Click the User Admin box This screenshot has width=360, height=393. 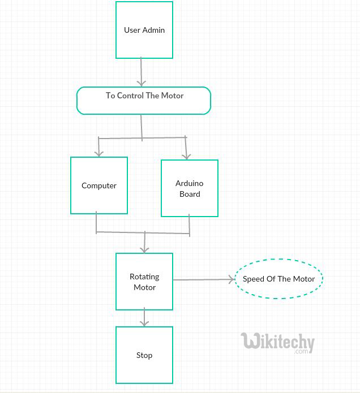tap(144, 30)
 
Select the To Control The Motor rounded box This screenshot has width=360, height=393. tap(144, 101)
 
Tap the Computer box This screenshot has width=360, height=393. tap(99, 185)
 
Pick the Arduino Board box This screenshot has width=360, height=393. tap(190, 188)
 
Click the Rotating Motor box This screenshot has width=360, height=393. tap(144, 282)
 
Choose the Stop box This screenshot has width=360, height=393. tap(144, 355)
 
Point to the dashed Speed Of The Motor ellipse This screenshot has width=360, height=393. tap(278, 279)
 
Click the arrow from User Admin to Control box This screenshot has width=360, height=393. tap(142, 72)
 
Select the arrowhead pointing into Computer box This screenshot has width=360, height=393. tap(99, 153)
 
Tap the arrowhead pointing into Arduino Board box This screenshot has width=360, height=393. tap(187, 156)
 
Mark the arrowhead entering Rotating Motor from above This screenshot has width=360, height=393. tap(145, 249)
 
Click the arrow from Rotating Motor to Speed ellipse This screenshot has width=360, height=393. tap(204, 279)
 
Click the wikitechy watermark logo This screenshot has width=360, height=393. tap(277, 342)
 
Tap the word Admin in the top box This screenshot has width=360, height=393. tap(153, 30)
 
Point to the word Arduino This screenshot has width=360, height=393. tap(190, 183)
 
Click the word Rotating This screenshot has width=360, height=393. tap(144, 277)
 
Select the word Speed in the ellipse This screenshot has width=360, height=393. tap(254, 279)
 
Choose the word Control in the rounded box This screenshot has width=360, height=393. tap(130, 96)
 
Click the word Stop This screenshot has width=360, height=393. tap(144, 355)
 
